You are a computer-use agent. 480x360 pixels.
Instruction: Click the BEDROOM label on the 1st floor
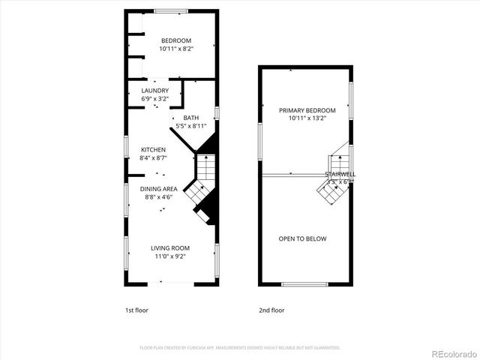(175, 40)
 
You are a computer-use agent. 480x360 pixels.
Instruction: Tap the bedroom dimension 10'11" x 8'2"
(175, 49)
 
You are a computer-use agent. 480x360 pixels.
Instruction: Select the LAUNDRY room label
(154, 91)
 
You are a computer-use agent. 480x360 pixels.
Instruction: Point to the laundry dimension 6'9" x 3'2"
(154, 98)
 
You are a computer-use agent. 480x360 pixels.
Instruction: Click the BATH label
(191, 118)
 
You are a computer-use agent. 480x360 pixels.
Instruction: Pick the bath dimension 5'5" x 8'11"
(191, 126)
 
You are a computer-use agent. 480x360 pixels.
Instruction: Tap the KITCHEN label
(153, 150)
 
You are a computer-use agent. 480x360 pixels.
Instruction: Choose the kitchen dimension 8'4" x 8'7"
(153, 158)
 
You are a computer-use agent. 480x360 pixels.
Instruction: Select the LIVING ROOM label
(170, 248)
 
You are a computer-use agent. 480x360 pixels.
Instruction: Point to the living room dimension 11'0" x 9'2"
(170, 256)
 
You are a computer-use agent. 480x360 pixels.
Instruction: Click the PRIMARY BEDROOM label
(307, 110)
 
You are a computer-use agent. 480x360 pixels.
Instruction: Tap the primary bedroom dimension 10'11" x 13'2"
(307, 118)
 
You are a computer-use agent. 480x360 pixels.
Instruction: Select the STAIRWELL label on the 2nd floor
(340, 174)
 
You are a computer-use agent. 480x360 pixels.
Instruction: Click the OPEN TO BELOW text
(302, 239)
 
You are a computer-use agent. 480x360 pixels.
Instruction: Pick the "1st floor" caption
(136, 310)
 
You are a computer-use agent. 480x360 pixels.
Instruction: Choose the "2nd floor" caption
(271, 310)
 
